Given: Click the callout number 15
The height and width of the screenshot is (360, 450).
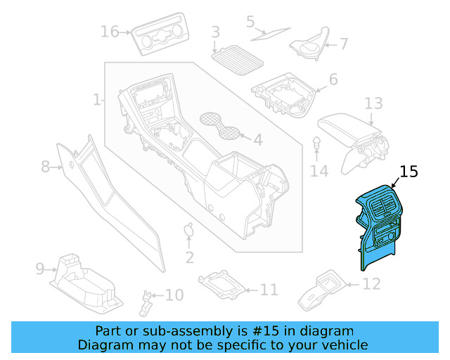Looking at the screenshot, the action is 409,172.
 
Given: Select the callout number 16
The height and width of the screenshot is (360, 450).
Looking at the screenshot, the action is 110,32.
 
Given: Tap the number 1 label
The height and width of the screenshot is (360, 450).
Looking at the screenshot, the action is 97,101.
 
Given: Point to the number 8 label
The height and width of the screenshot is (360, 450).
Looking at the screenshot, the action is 46,167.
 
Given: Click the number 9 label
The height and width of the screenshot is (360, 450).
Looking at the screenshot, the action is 40,268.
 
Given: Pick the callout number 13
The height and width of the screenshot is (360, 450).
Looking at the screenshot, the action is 373,104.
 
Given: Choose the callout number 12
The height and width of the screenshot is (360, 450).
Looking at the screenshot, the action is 371,284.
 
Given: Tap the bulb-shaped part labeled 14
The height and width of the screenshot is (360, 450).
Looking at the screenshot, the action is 317,144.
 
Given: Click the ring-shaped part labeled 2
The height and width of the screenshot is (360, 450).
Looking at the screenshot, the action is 188,230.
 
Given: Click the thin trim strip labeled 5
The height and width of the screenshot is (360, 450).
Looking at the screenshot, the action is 271,31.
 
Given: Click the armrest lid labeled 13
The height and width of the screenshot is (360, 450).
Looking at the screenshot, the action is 347,130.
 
